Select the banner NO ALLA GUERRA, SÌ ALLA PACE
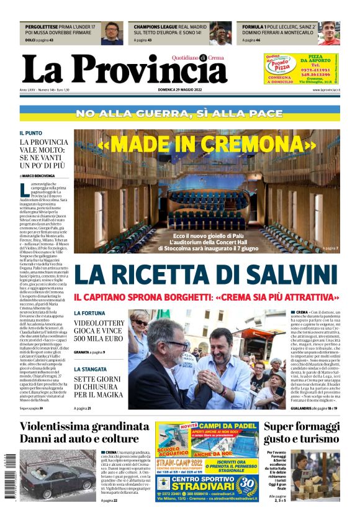pos(180,114)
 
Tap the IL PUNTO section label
pos(30,133)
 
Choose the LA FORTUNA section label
pos(90,312)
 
